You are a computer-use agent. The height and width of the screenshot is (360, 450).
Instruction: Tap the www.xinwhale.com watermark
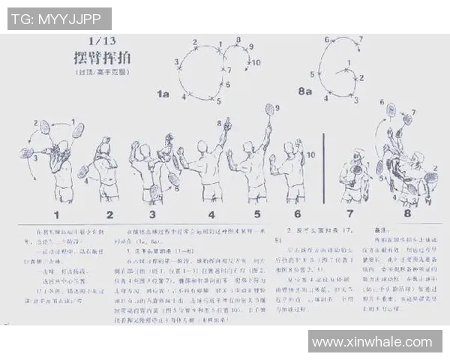(x=373, y=342)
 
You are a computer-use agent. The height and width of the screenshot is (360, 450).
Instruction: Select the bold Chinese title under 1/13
(x=103, y=59)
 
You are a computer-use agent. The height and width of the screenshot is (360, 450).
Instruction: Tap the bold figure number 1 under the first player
(x=57, y=215)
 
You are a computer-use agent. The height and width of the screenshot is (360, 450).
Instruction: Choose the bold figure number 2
(x=109, y=215)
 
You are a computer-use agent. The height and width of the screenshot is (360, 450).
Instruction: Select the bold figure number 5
(x=256, y=215)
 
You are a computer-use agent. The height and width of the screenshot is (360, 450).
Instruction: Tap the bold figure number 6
(x=297, y=215)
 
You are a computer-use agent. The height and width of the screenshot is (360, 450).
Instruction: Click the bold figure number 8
(x=407, y=214)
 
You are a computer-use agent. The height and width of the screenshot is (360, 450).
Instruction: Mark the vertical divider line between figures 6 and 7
(x=323, y=169)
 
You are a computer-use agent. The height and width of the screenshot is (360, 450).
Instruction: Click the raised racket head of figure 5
(x=270, y=110)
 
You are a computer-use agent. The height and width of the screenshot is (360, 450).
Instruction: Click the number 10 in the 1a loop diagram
(x=256, y=63)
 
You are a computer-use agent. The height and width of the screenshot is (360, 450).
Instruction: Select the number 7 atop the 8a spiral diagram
(x=360, y=39)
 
